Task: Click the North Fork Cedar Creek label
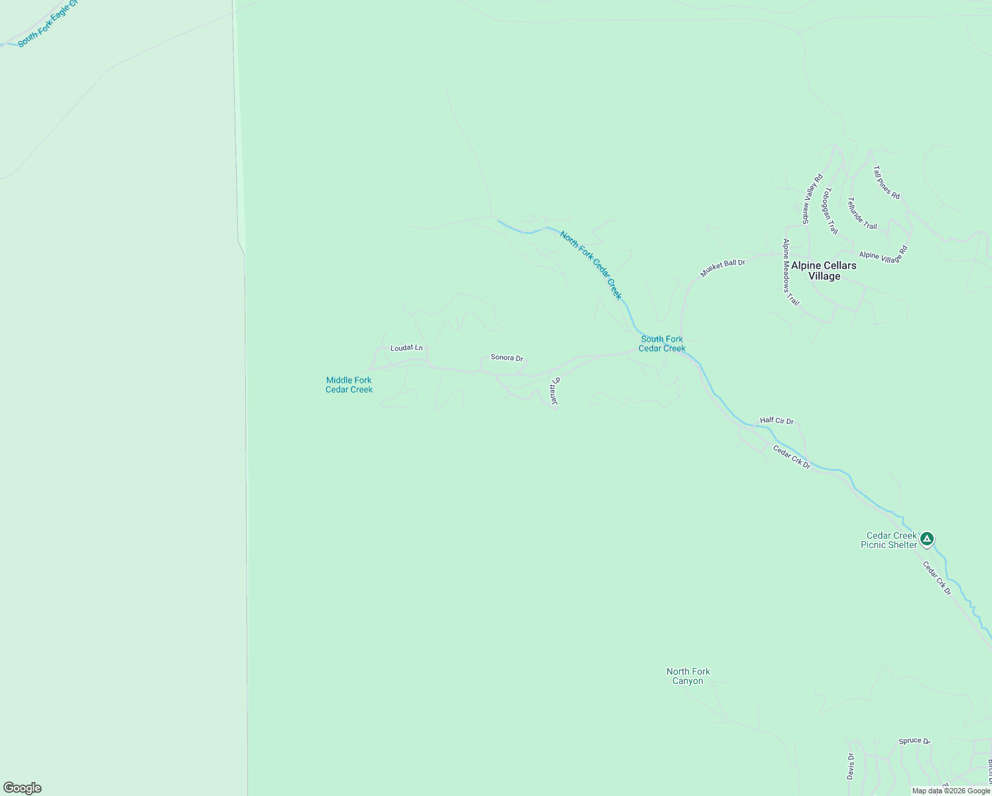pyautogui.click(x=591, y=265)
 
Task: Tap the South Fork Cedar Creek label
pyautogui.click(x=662, y=344)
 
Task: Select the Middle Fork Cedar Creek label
pyautogui.click(x=349, y=385)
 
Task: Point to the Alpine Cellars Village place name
pyautogui.click(x=824, y=271)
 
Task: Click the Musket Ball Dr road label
pyautogui.click(x=723, y=268)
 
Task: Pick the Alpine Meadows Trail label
pyautogui.click(x=790, y=272)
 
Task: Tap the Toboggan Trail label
pyautogui.click(x=830, y=211)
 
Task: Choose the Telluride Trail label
pyautogui.click(x=862, y=214)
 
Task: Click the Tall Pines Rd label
pyautogui.click(x=887, y=182)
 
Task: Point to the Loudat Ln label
pyautogui.click(x=406, y=348)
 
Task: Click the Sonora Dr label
pyautogui.click(x=507, y=358)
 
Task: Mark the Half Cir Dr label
pyautogui.click(x=776, y=421)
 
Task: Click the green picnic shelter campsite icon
pyautogui.click(x=927, y=539)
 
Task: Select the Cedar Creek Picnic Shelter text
pyautogui.click(x=889, y=540)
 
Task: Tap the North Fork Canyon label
pyautogui.click(x=688, y=676)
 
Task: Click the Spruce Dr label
pyautogui.click(x=914, y=741)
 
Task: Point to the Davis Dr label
pyautogui.click(x=851, y=765)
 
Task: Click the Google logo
pyautogui.click(x=23, y=788)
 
